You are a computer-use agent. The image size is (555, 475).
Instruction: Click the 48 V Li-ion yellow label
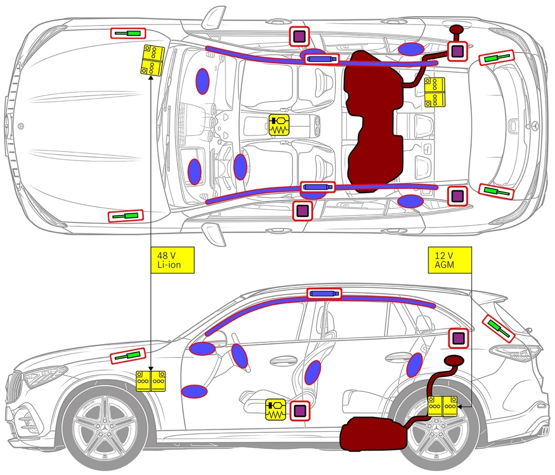173,260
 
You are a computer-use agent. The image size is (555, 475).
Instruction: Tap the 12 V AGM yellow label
450,260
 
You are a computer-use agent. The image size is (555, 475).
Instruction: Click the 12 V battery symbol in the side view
442,406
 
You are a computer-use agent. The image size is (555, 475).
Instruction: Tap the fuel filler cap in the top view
457,30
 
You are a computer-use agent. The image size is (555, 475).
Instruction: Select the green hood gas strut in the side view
128,356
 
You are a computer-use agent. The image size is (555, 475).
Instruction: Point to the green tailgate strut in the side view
498,328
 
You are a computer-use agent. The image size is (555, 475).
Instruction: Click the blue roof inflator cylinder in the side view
324,293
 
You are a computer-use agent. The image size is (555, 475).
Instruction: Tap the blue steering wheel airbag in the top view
240,166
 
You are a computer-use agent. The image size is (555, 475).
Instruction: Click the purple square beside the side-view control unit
300,411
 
